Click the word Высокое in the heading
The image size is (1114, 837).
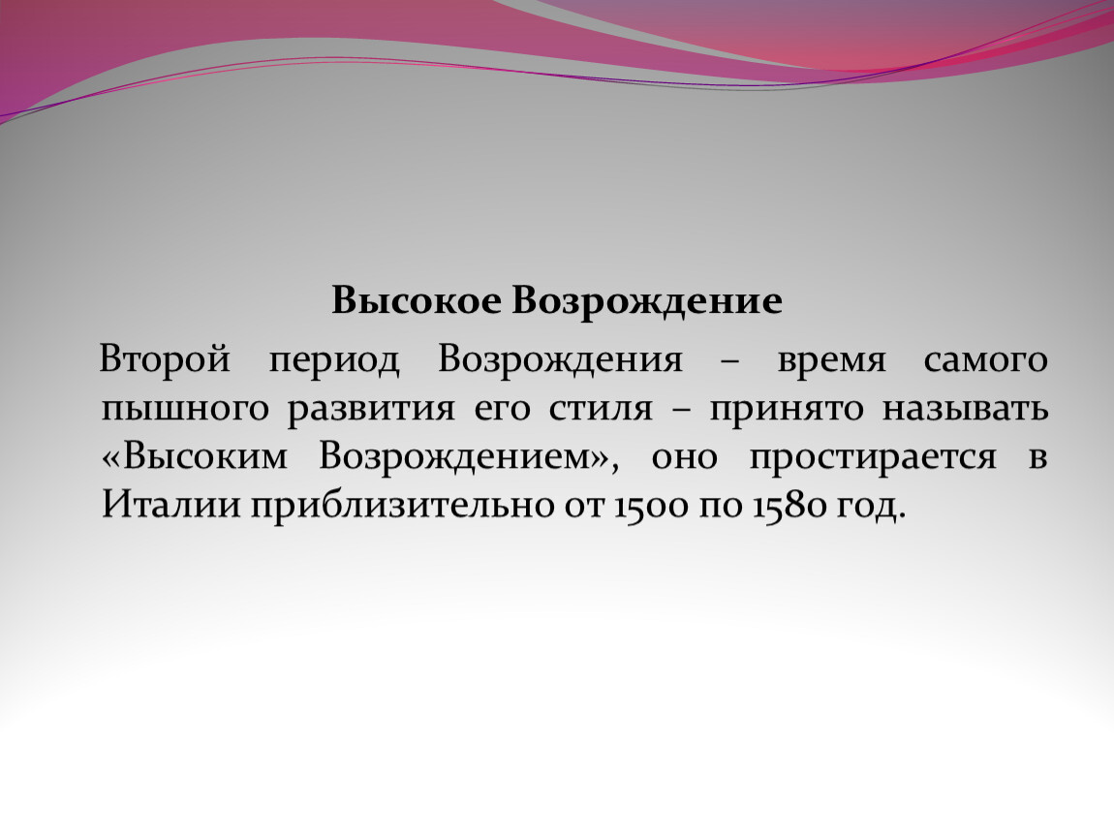tap(416, 300)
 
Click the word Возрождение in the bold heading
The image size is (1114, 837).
tap(646, 302)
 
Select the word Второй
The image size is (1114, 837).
tap(165, 359)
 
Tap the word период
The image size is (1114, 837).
tap(334, 361)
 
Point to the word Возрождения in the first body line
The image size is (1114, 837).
tap(560, 361)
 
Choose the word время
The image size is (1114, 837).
tap(831, 361)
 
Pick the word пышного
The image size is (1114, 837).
tap(185, 410)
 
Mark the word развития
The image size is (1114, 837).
tap(371, 410)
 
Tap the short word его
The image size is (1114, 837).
tap(502, 411)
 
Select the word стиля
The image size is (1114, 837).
tap(601, 410)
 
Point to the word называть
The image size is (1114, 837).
tap(966, 410)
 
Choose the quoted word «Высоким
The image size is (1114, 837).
tap(195, 457)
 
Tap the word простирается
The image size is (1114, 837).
tap(873, 459)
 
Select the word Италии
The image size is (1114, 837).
tap(170, 506)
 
